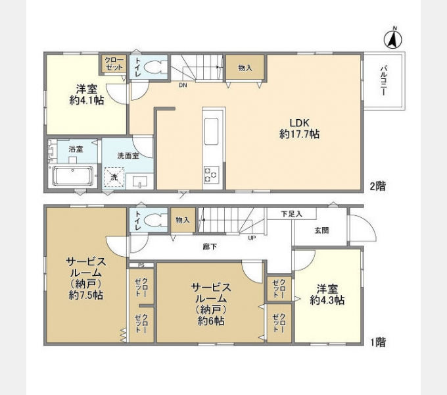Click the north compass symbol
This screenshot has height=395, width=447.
(393, 39)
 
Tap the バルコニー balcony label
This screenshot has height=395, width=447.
(383, 80)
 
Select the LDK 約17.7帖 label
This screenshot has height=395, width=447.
(299, 128)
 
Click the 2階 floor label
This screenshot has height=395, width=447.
(378, 186)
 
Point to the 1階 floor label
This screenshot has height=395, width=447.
(378, 342)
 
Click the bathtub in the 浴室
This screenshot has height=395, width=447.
(73, 176)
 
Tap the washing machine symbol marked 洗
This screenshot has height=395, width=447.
(114, 177)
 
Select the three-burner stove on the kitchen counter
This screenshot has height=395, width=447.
(211, 174)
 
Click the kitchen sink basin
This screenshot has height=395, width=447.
(211, 132)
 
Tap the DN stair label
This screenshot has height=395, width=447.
(183, 85)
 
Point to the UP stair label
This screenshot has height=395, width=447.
(252, 238)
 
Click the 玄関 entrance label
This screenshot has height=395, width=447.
(321, 230)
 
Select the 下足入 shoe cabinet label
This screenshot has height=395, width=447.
(291, 214)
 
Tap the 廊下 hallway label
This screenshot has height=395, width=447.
(210, 247)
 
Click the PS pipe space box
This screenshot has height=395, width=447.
(141, 265)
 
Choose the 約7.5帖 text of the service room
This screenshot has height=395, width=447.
(86, 296)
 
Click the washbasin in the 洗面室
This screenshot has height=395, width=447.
(140, 182)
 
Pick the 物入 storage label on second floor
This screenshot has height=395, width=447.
(245, 68)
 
